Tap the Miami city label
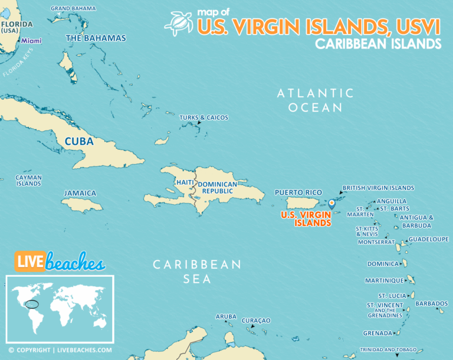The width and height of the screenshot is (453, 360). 31,41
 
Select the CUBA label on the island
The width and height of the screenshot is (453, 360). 79,142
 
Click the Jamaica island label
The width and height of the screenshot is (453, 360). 80,193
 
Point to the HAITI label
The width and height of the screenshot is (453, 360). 184,182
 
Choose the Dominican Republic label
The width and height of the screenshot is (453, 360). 217,188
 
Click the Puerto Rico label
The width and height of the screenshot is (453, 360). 298,192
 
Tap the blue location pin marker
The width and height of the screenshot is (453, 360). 331,203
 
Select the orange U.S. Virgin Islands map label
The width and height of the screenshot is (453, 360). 306,219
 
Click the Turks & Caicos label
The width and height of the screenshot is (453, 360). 203,117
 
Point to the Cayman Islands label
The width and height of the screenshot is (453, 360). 28,181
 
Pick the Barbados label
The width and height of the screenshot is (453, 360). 431,303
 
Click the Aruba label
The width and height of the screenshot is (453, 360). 226,317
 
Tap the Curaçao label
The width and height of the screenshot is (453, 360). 256,320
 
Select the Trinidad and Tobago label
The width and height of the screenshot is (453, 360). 388,349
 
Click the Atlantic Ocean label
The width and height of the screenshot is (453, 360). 316,100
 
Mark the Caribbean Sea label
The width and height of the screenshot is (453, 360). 197,271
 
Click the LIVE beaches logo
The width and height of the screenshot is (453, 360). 60,261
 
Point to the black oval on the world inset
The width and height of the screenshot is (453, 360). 34,305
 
